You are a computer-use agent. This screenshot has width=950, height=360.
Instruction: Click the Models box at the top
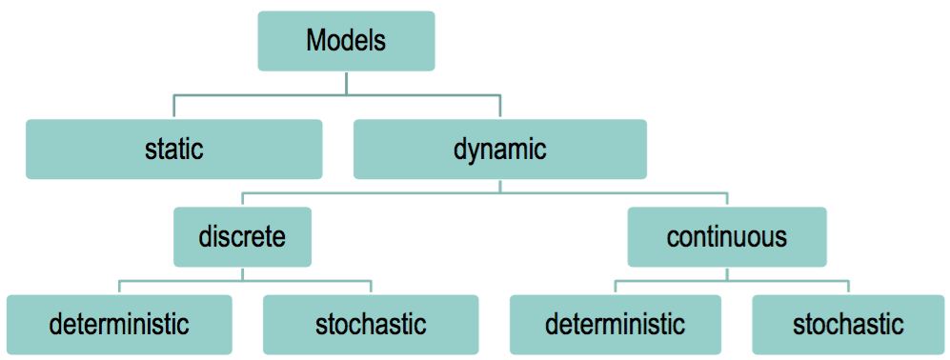tap(346, 41)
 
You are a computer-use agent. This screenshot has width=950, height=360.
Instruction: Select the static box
tap(173, 149)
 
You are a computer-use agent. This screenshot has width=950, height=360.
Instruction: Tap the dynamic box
tap(499, 149)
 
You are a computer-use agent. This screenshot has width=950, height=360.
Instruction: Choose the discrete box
tap(242, 236)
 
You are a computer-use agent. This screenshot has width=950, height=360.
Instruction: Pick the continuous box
tap(727, 236)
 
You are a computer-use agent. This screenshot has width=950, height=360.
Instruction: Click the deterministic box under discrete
tap(119, 324)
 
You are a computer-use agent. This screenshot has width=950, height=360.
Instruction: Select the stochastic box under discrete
tap(371, 324)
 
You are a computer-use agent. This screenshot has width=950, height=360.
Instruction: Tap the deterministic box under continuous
tap(615, 324)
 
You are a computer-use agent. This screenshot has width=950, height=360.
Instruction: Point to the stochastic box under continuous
tap(848, 324)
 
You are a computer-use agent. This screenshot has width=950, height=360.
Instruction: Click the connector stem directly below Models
tap(346, 82)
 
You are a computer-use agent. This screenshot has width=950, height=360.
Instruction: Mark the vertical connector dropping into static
tap(173, 106)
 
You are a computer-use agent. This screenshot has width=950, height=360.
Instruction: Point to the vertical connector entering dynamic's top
tap(500, 106)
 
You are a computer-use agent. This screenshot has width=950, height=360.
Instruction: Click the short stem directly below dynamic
tap(500, 186)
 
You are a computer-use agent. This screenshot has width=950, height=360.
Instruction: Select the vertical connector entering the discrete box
tap(242, 200)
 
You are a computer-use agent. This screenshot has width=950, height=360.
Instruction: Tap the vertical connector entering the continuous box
tap(727, 200)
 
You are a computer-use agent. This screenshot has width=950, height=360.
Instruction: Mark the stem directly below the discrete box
tap(242, 273)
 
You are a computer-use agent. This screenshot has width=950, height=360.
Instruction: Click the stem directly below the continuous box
tap(727, 273)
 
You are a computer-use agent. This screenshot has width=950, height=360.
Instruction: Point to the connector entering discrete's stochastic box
tap(371, 288)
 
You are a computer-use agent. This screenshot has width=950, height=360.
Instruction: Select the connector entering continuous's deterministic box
tap(615, 288)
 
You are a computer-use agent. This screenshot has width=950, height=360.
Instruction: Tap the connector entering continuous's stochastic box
tap(848, 288)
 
